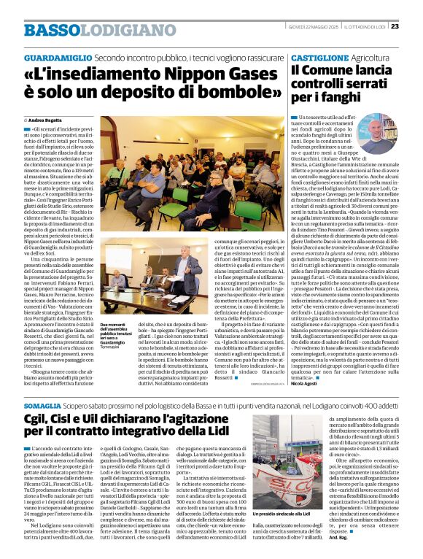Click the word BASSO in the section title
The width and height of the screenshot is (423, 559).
50,30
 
